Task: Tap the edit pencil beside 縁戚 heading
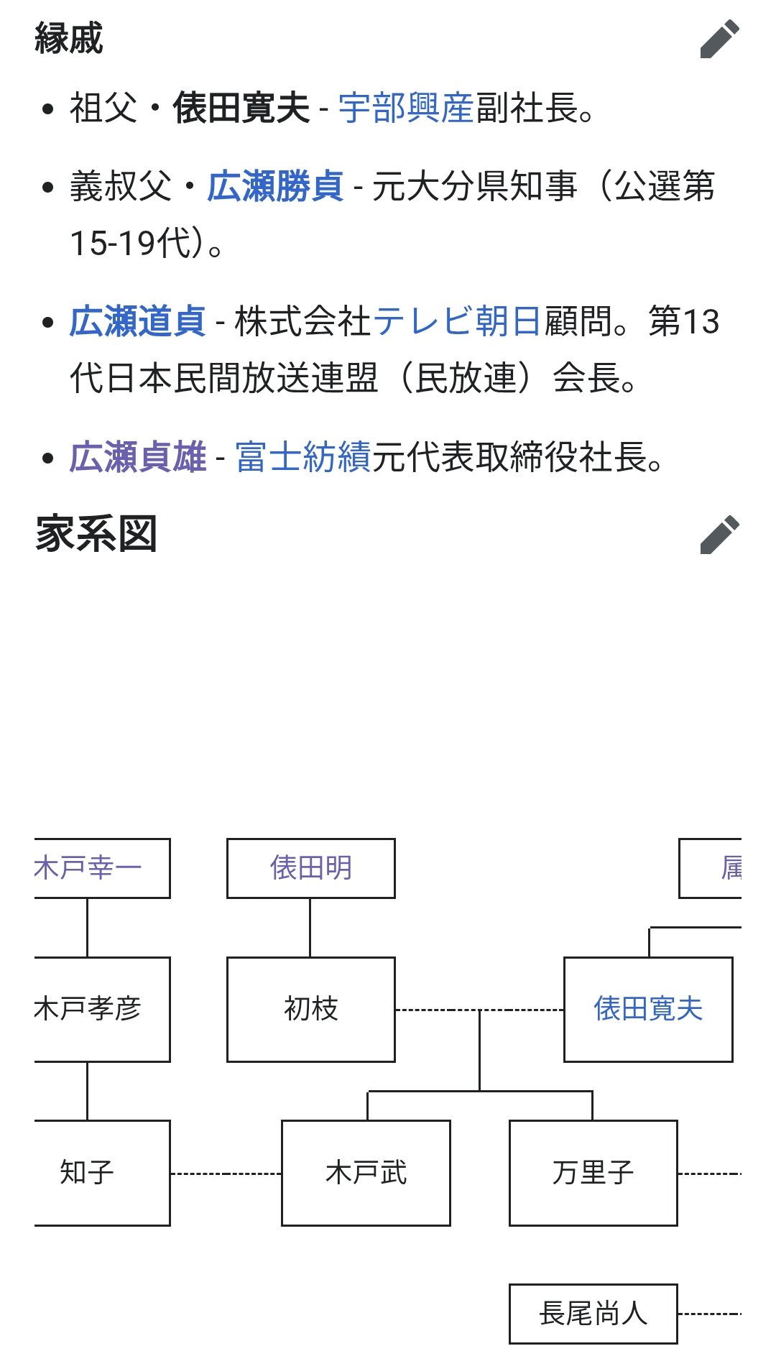(719, 39)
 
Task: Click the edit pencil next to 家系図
(719, 535)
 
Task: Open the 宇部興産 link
(406, 109)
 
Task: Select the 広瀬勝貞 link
(275, 186)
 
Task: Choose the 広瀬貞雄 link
(138, 457)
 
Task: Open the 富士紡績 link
(303, 457)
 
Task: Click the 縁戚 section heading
(69, 39)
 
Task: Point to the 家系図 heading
(96, 535)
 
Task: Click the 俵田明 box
(311, 868)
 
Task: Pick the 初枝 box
(311, 1009)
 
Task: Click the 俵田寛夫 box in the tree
(648, 1009)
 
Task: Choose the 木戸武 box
(366, 1173)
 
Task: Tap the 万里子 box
(593, 1173)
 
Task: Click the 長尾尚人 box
(593, 1314)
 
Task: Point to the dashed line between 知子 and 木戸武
(226, 1174)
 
